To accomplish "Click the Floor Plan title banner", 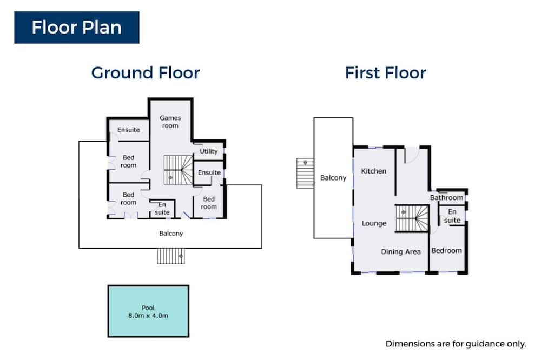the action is pos(77,28).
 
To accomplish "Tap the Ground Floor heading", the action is pos(145,73).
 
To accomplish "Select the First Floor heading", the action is pos(385,73).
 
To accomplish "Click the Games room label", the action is pos(170,122).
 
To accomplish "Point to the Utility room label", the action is pos(209,151).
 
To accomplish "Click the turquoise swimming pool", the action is pos(148,311).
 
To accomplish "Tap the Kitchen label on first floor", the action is pos(374,171).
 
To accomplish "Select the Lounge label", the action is pos(374,223).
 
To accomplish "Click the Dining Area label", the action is pos(401,252).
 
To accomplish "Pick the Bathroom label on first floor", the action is pos(446,198).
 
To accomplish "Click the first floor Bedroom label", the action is pos(446,251).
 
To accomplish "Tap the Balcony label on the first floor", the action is pos(333,178).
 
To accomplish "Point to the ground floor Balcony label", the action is pos(171,234).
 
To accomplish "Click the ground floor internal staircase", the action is pos(178,170).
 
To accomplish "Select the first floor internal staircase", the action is pos(412,218).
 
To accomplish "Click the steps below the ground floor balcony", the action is pos(171,256).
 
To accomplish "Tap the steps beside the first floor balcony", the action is pos(305,174).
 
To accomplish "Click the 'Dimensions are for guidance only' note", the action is pos(456,344).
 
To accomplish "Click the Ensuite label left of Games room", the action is pos(128,130).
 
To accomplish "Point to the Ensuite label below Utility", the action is pos(209,172).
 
